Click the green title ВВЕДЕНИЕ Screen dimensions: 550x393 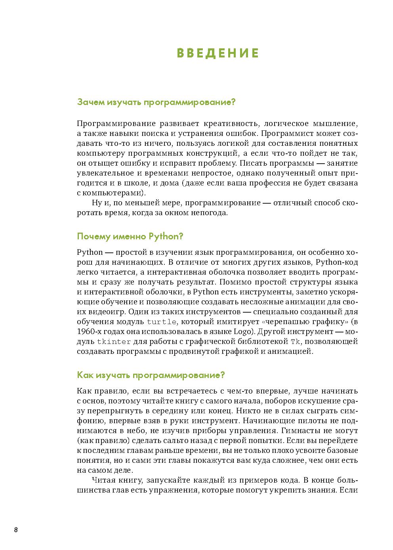click(x=217, y=53)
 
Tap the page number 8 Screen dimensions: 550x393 click(x=15, y=530)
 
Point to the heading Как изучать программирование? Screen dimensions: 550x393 click(x=151, y=375)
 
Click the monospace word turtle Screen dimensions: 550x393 click(x=161, y=322)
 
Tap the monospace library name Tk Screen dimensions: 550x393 click(x=296, y=342)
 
